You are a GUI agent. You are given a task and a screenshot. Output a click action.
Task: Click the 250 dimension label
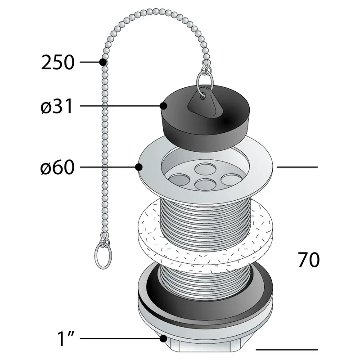(58, 62)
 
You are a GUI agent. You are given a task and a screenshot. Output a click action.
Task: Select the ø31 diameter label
(57, 106)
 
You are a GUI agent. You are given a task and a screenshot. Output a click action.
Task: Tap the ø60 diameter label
(58, 167)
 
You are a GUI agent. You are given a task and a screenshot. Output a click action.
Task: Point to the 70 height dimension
(309, 260)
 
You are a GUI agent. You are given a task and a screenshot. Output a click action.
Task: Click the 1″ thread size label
(66, 338)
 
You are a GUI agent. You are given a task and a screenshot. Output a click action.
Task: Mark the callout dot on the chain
(103, 62)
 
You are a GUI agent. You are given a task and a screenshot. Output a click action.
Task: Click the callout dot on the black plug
(163, 106)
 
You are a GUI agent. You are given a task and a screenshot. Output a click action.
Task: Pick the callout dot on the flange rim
(139, 167)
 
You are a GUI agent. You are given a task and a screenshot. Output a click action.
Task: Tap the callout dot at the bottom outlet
(163, 338)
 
